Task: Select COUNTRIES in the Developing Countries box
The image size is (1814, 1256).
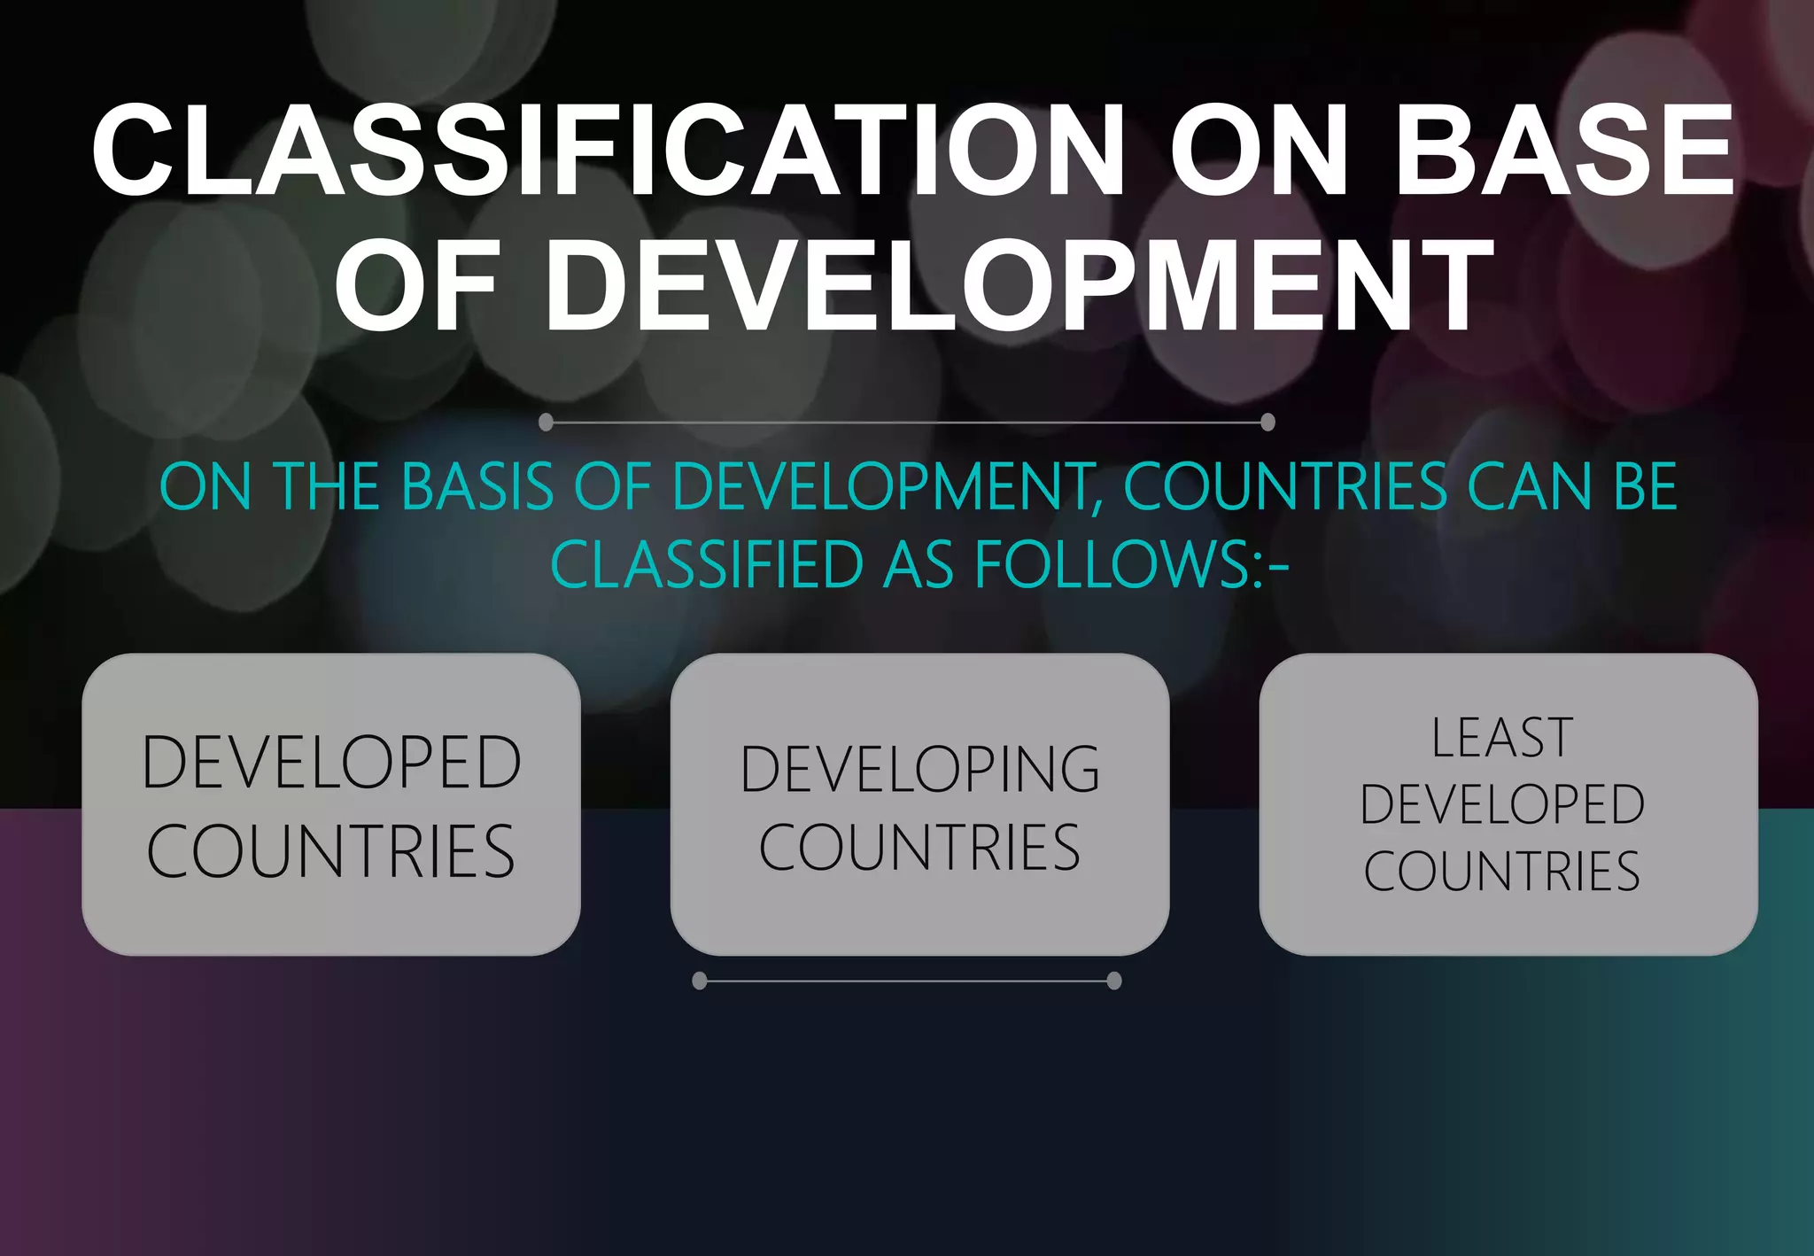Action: pos(919,848)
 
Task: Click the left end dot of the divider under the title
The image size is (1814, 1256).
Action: pos(547,422)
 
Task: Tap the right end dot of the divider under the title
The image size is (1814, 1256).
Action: pos(1267,422)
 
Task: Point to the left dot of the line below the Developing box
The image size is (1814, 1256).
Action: pos(700,981)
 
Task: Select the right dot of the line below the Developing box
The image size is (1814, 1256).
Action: pos(1114,981)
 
